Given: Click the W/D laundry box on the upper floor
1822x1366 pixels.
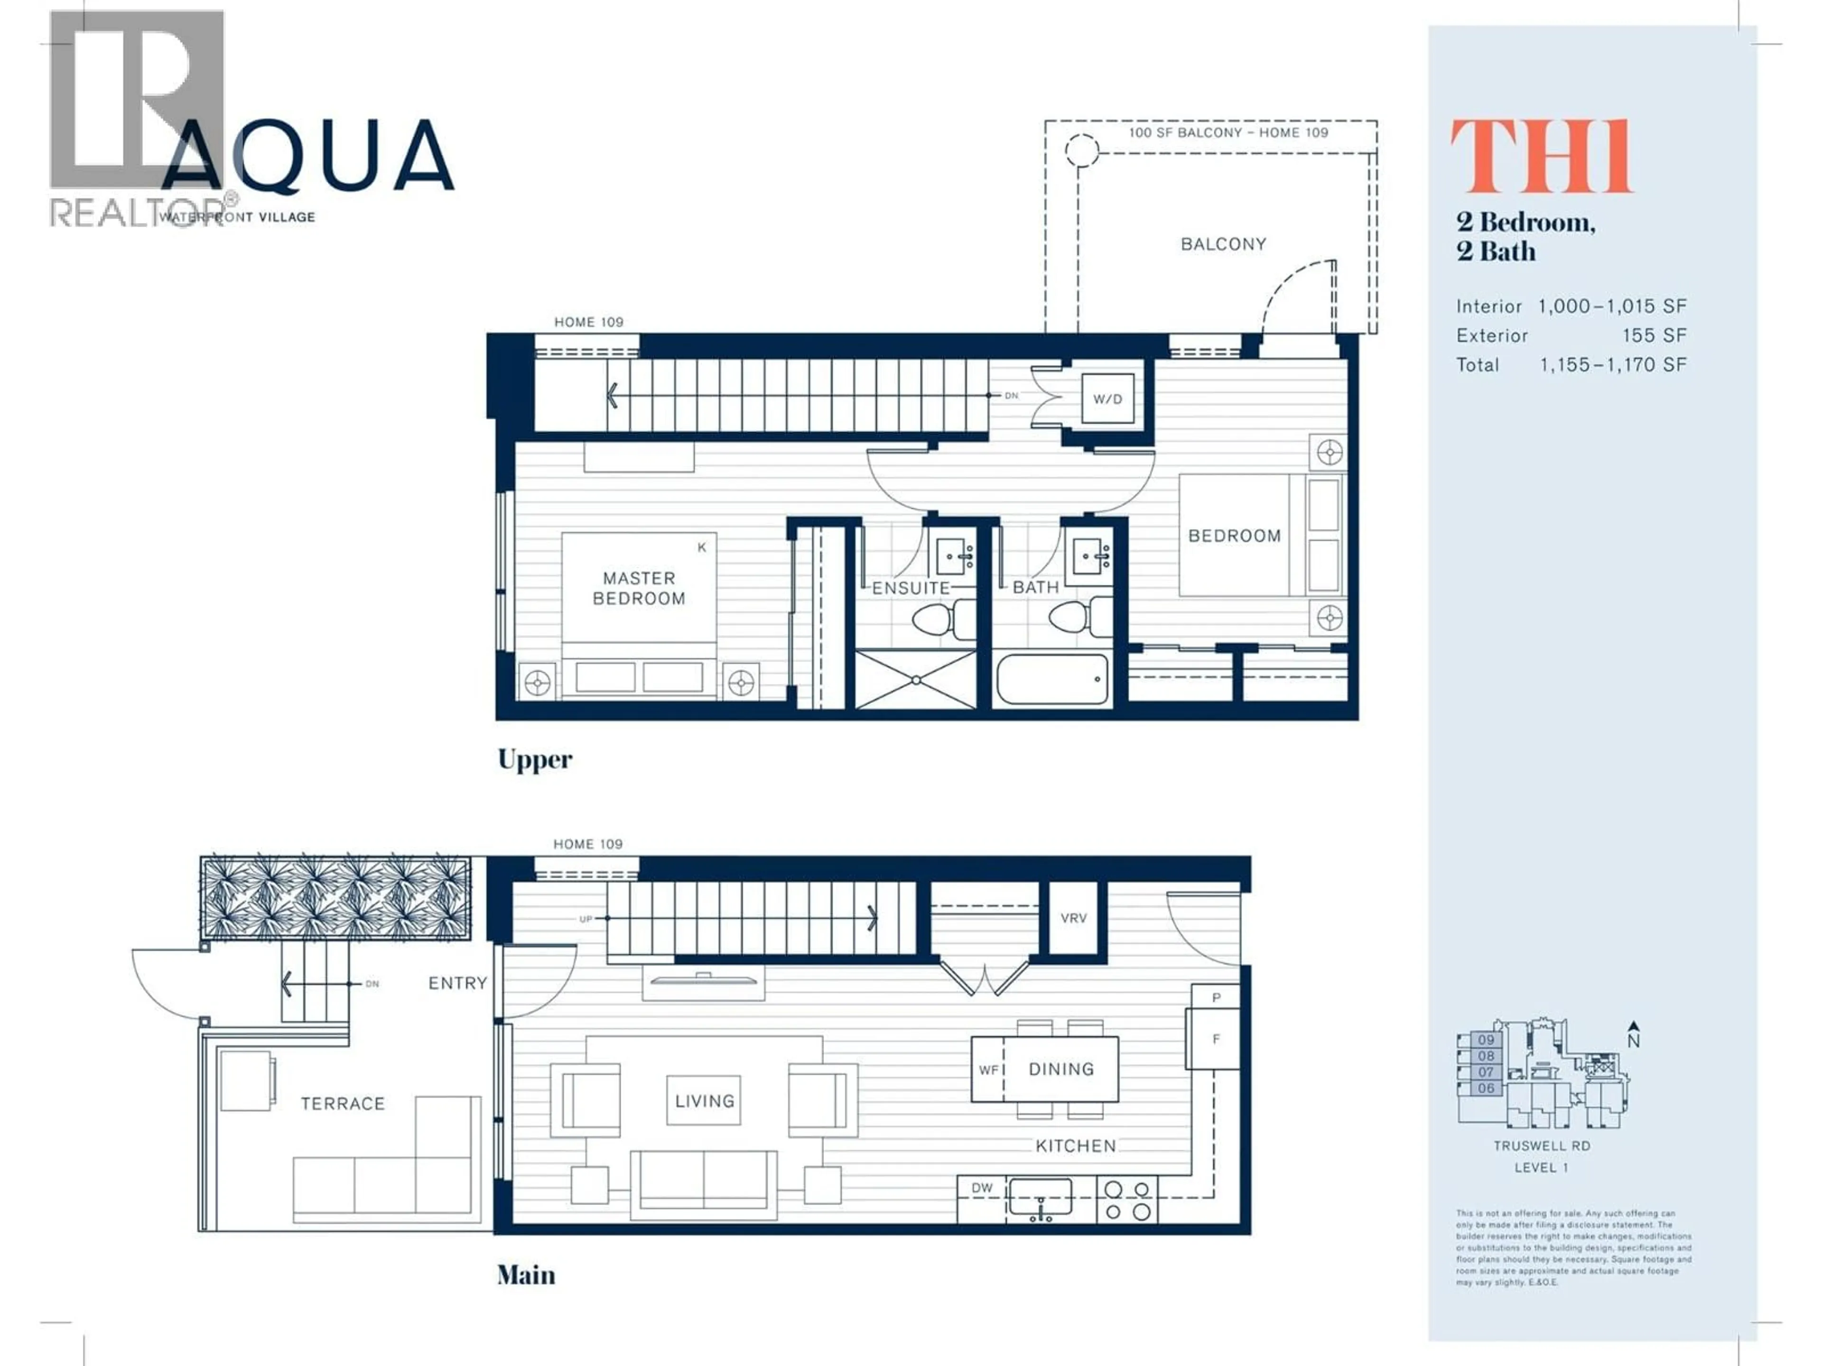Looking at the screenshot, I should click(1107, 398).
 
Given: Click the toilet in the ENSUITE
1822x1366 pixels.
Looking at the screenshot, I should click(943, 618).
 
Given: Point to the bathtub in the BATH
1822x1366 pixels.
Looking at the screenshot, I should click(1052, 679).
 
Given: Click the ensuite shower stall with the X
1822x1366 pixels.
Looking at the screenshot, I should click(916, 679).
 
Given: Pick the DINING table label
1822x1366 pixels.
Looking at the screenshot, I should click(1061, 1069).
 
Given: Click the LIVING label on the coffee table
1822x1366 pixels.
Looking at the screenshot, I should click(704, 1101).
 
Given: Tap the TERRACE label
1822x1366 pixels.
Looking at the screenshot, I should click(343, 1103).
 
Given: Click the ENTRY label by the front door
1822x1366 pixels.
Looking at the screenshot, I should click(457, 983).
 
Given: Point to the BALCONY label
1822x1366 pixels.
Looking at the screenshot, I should click(1223, 244).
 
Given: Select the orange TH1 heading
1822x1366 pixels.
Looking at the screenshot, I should click(1540, 157).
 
